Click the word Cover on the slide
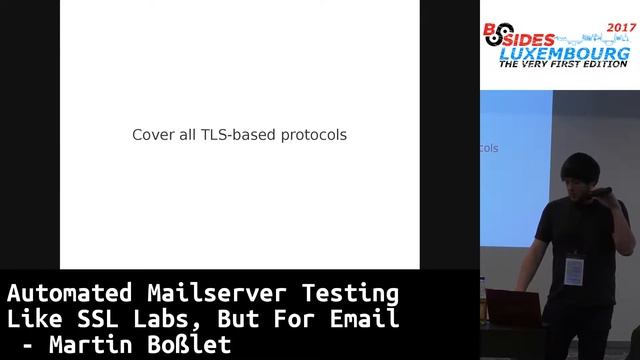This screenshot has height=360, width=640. tap(152, 134)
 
